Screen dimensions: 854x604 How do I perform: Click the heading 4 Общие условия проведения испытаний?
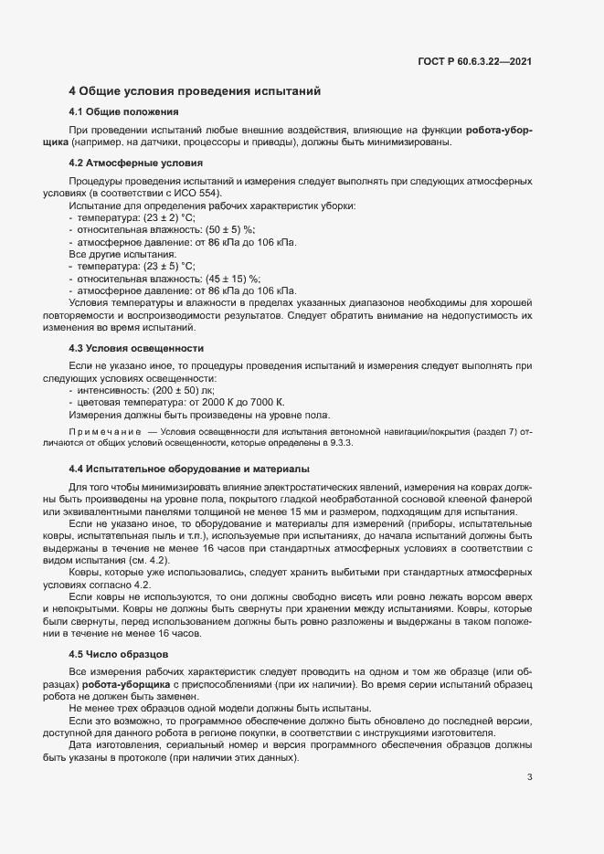195,91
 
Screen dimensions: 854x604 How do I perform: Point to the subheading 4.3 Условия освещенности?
130,349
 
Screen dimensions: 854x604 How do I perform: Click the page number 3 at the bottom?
530,777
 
